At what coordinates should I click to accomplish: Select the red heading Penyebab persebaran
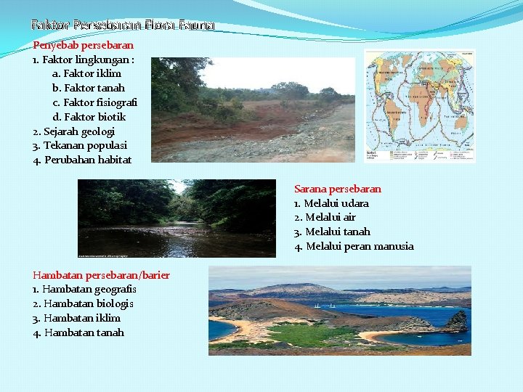[x=84, y=45]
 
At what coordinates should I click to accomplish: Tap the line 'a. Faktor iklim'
[x=86, y=73]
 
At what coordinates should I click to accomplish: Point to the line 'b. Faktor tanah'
[x=89, y=88]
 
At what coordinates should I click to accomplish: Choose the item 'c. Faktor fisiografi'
[x=94, y=102]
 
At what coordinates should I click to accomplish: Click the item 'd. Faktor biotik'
[x=89, y=117]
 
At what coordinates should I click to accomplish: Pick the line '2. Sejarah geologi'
[x=74, y=131]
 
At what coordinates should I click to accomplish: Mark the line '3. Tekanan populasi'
[x=78, y=145]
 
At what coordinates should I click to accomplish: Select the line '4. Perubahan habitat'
[x=82, y=160]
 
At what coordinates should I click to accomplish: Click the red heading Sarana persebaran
[x=338, y=189]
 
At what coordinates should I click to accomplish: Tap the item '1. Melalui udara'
[x=331, y=203]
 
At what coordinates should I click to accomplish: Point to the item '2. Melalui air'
[x=325, y=217]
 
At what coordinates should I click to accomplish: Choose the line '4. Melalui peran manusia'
[x=354, y=246]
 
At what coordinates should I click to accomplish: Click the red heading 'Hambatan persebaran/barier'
[x=102, y=274]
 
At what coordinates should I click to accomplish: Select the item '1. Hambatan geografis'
[x=84, y=289]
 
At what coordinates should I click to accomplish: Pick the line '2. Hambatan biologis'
[x=83, y=303]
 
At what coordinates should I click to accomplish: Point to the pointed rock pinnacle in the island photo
[x=458, y=319]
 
